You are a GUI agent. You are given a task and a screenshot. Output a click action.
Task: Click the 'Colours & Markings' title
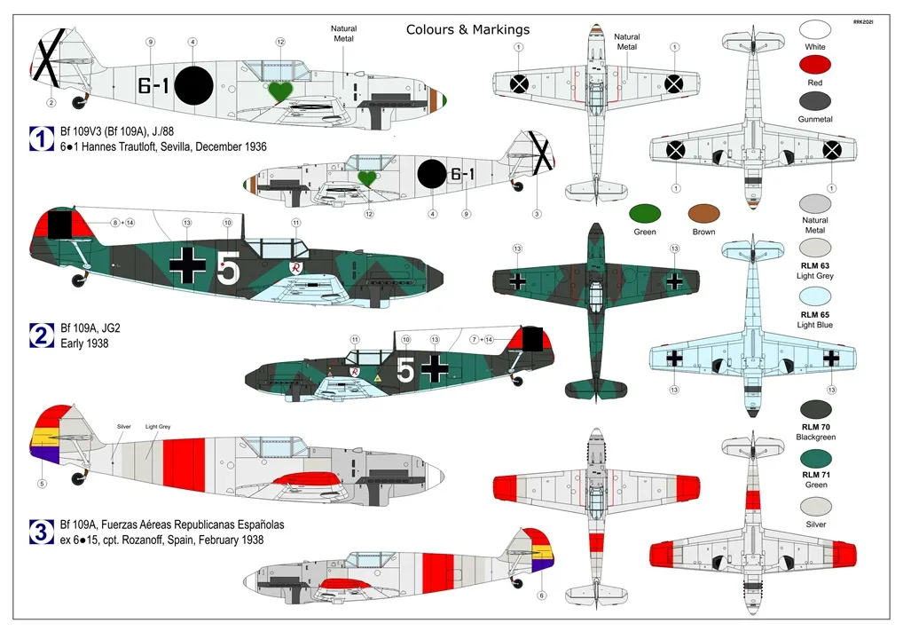click(x=467, y=29)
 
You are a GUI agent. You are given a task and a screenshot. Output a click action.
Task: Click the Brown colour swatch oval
click(x=704, y=214)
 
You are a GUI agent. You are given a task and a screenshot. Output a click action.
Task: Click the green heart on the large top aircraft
click(x=281, y=91)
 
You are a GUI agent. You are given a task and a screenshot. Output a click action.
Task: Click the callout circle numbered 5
click(x=41, y=484)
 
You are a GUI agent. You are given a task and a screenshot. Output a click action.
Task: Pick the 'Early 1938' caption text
click(x=83, y=343)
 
